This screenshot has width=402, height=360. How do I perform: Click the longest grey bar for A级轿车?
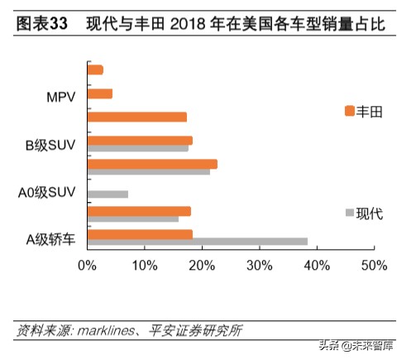[197, 242]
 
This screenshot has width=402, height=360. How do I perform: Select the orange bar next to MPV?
[99, 94]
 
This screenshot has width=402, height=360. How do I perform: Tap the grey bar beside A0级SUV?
[108, 194]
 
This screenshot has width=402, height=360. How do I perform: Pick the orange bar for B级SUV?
[140, 141]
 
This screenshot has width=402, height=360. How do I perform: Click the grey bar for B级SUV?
[137, 148]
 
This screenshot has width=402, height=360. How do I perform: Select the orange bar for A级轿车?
[140, 234]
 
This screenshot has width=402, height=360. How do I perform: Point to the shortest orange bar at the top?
[95, 70]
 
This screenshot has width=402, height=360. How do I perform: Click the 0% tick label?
[87, 266]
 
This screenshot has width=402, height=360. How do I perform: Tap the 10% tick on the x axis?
[144, 266]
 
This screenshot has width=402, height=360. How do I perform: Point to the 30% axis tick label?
[259, 266]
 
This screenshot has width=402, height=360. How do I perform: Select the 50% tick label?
[373, 266]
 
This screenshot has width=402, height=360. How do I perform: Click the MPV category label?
[61, 97]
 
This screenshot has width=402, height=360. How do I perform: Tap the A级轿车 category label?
[50, 240]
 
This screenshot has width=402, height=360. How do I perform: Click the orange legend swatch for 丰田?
[349, 111]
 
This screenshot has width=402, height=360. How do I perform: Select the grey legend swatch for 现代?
[349, 214]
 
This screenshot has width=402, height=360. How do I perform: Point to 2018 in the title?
[188, 25]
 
